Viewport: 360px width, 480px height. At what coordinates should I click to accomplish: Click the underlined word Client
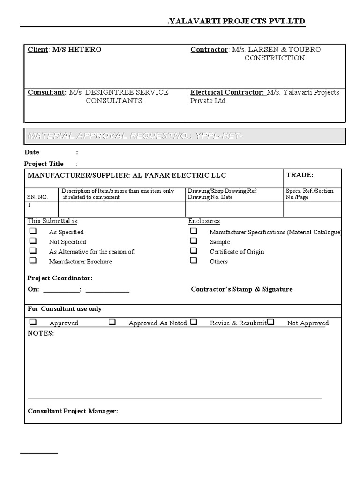tap(37, 50)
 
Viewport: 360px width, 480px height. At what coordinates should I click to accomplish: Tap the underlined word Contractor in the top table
tap(209, 50)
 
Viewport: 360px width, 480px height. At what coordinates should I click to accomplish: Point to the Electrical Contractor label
tap(227, 92)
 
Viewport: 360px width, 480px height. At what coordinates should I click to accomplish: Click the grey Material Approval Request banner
tap(185, 136)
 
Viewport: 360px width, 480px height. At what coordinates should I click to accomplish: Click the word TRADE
tap(300, 175)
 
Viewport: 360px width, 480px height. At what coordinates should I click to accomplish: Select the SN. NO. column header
tap(38, 197)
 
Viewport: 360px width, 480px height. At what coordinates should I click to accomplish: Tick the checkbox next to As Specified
tap(33, 231)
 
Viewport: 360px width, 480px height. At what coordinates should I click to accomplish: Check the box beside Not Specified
tap(33, 241)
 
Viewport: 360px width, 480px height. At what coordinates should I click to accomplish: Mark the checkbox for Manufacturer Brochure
tap(33, 261)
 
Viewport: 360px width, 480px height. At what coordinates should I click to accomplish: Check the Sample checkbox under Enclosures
tap(194, 241)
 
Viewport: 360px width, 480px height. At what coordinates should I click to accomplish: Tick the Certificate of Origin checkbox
tap(194, 251)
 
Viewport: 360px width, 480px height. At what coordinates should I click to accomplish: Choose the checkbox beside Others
tap(194, 261)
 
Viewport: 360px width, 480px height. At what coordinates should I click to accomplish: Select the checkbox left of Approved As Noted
tap(112, 322)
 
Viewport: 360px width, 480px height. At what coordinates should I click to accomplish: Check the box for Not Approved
tap(271, 322)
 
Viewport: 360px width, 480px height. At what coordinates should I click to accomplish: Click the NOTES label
tap(41, 333)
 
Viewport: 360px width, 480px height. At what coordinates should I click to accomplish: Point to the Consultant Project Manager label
tap(73, 411)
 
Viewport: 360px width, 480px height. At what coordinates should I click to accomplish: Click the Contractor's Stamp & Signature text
tap(241, 289)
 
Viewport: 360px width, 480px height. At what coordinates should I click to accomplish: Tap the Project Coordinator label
tap(60, 278)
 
